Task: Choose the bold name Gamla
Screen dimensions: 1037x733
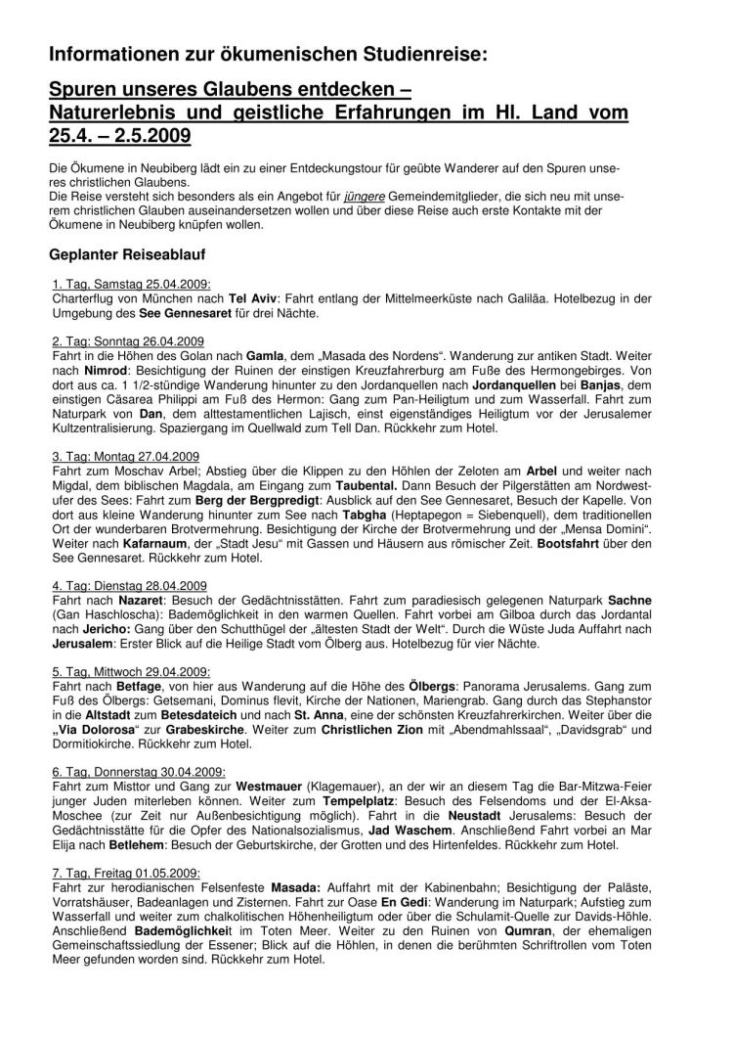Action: click(265, 355)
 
